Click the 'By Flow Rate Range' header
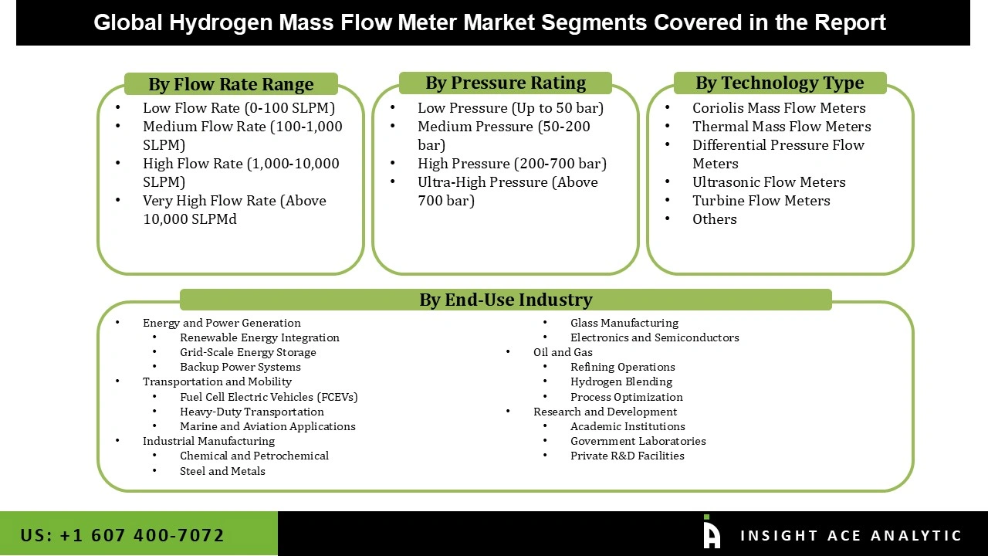(231, 84)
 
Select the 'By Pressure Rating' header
(506, 83)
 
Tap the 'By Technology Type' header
(780, 83)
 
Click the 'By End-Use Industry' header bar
(506, 300)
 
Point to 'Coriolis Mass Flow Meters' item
(779, 108)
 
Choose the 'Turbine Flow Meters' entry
(761, 201)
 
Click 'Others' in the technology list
(714, 219)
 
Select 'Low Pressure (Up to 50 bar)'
(510, 108)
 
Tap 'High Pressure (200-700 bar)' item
(512, 164)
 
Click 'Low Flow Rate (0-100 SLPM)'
(239, 108)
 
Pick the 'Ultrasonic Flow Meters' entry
(769, 182)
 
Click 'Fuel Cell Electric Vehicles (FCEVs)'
(269, 397)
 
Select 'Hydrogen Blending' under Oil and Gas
(621, 381)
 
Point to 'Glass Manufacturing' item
(624, 323)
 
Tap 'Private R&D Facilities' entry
(628, 456)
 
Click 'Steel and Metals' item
(222, 471)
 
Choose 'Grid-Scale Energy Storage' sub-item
(248, 352)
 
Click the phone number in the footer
(123, 535)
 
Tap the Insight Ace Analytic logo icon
(712, 533)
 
